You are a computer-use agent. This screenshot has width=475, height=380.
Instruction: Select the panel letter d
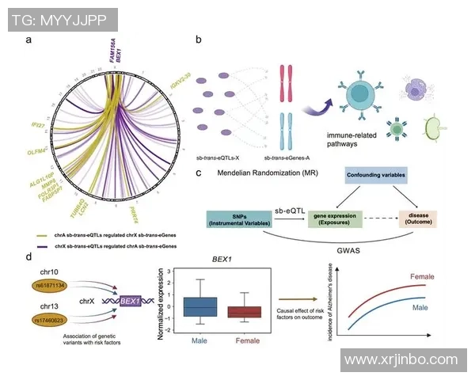tap(28, 257)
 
